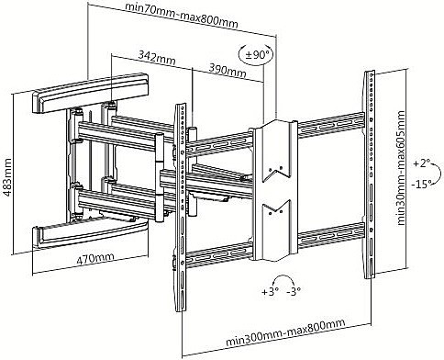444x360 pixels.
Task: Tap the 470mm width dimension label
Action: coord(94,259)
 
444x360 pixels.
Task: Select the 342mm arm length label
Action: coord(157,58)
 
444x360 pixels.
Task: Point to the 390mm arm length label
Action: coord(228,71)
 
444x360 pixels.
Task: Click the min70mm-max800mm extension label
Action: coord(182,16)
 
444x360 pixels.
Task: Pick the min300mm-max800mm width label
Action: coord(285,332)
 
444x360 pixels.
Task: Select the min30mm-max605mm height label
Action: coord(401,168)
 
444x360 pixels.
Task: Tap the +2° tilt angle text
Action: coord(422,163)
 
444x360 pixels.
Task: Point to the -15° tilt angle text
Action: coord(421,184)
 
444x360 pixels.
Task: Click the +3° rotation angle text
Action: coord(271,291)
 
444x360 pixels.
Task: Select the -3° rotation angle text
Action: coord(294,291)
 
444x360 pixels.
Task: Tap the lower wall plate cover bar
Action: coord(91,235)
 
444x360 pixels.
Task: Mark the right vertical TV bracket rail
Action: coord(370,174)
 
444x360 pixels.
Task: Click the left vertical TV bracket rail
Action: coord(181,208)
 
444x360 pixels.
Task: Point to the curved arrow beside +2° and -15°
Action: coord(438,174)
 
